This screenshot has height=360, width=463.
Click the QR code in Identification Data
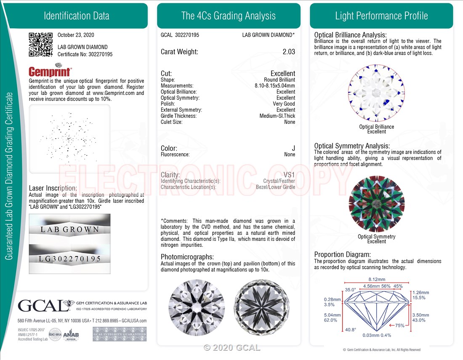(x=40, y=44)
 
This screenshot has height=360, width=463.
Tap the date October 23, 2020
(x=76, y=35)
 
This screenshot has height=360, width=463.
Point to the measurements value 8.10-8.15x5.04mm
(x=275, y=85)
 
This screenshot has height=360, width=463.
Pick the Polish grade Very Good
(x=284, y=104)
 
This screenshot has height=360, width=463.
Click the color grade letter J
(x=293, y=148)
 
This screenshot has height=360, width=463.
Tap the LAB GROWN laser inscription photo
(x=70, y=229)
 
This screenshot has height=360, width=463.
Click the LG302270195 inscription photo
(x=70, y=258)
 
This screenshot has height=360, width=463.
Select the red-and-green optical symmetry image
(x=376, y=204)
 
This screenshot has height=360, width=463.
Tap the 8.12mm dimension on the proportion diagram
(x=377, y=279)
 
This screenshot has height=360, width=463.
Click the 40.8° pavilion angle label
(x=350, y=330)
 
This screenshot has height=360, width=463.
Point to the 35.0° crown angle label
(x=350, y=290)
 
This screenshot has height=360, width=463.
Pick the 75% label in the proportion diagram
(x=399, y=325)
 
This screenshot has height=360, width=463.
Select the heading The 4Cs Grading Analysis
(x=229, y=16)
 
